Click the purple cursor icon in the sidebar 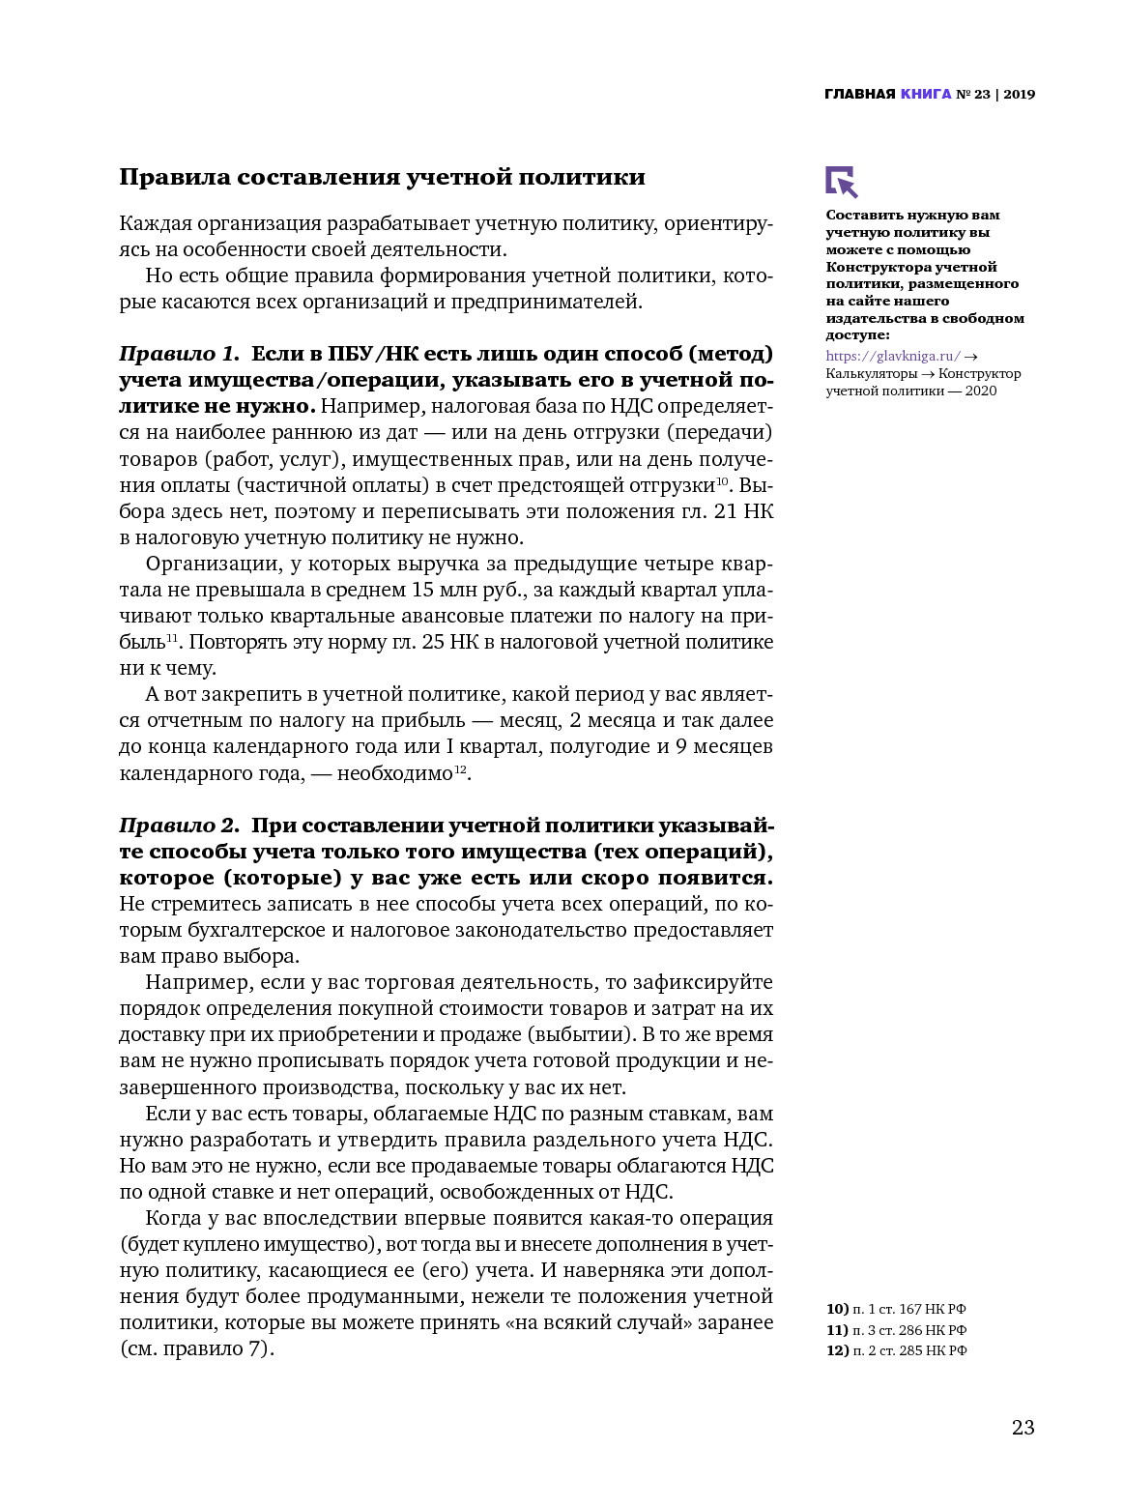[841, 182]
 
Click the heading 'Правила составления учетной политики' [382, 177]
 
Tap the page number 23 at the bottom [1023, 1427]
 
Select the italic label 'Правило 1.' [179, 354]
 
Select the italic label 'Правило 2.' [179, 826]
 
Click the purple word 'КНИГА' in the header [926, 95]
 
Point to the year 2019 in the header [1019, 95]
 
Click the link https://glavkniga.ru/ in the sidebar [893, 357]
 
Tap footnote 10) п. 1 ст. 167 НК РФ [896, 1309]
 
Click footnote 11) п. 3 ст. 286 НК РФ [896, 1330]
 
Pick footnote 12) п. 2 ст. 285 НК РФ [896, 1350]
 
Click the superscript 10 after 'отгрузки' [721, 480]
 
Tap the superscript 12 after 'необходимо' [460, 768]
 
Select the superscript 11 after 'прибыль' [172, 637]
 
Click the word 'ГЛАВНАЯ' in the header [859, 95]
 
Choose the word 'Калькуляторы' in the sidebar [871, 374]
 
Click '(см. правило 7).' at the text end [197, 1348]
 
